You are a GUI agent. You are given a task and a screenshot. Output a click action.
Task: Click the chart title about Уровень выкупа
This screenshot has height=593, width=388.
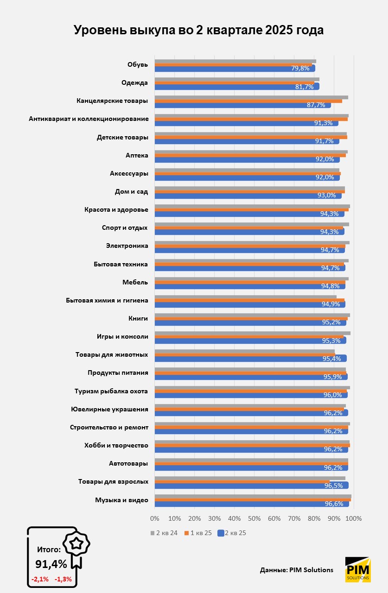point(198,30)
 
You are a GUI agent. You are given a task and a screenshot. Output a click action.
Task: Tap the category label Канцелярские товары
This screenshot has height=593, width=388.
point(112,101)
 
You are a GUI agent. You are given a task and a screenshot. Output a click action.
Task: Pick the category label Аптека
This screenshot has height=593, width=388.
point(137,155)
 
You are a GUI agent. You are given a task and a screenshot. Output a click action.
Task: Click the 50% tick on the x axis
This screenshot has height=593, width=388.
point(254,518)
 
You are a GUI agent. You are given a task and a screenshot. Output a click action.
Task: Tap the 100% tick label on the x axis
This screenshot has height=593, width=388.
point(353,518)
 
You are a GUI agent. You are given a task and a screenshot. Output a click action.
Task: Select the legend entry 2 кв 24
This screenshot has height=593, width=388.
point(164,533)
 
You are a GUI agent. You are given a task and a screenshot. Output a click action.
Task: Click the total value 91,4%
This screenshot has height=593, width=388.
point(51,564)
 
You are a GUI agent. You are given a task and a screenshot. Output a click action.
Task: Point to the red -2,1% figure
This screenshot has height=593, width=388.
point(39,579)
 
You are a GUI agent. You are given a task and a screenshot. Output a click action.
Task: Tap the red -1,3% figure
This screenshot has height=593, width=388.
point(63,579)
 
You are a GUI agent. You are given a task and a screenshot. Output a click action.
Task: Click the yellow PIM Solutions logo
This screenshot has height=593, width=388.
point(358,569)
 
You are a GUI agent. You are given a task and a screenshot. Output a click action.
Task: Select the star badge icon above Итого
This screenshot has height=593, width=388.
point(76,543)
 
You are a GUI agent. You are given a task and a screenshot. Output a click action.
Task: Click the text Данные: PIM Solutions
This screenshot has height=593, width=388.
point(297,570)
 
